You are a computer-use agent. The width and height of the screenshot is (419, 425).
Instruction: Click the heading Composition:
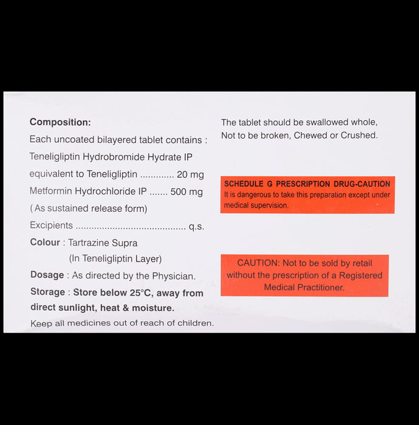pyautogui.click(x=60, y=122)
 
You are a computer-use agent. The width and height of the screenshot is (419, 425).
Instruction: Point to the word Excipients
pyautogui.click(x=51, y=226)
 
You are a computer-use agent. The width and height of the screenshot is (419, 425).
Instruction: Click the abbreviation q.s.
pyautogui.click(x=196, y=226)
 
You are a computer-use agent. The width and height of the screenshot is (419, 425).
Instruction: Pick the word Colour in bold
pyautogui.click(x=45, y=243)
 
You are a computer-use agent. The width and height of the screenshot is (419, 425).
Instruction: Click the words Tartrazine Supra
pyautogui.click(x=103, y=243)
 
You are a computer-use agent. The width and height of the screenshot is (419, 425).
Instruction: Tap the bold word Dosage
pyautogui.click(x=47, y=276)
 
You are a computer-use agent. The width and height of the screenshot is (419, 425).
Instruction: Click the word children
pyautogui.click(x=192, y=323)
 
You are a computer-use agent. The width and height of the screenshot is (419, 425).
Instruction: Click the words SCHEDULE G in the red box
pyautogui.click(x=248, y=184)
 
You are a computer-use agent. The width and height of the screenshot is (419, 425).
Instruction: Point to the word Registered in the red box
pyautogui.click(x=361, y=276)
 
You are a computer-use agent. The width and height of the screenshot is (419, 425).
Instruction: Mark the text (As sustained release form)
pyautogui.click(x=89, y=209)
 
